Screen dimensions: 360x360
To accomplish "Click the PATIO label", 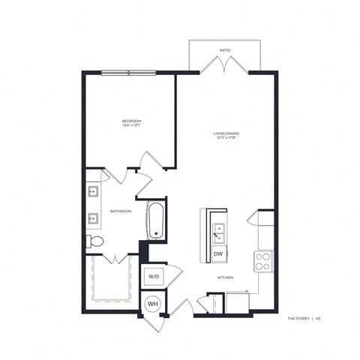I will click(x=224, y=50).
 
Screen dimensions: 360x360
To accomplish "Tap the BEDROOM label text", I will click(x=132, y=120).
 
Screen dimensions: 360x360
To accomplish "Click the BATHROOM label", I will click(x=121, y=211).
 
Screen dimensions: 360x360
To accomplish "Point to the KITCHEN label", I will click(x=226, y=277).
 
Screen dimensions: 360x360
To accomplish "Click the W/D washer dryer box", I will click(x=153, y=276).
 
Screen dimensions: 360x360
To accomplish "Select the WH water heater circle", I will click(x=152, y=304).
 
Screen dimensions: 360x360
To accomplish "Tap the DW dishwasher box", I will click(x=218, y=255).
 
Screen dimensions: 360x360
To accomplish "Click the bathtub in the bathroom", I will click(x=156, y=220).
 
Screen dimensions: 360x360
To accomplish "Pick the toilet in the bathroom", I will click(x=95, y=241).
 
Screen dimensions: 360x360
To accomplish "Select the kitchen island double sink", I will click(x=218, y=233).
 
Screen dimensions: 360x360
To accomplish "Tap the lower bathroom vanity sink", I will click(x=93, y=219).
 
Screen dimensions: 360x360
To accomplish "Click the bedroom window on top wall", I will click(x=128, y=73).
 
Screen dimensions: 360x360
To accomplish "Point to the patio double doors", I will click(x=224, y=66).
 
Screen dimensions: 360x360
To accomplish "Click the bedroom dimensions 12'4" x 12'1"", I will click(x=132, y=125).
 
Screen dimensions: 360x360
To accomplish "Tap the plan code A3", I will click(x=318, y=318).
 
